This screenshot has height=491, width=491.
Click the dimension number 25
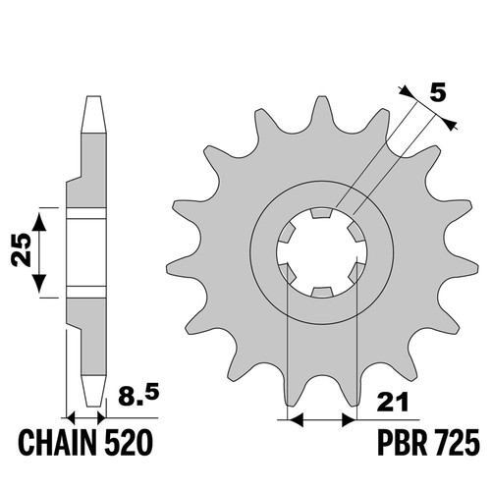[21, 249]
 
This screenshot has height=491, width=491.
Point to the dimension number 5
[437, 93]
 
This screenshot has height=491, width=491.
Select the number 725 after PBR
[457, 445]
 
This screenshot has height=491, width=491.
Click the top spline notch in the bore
[321, 213]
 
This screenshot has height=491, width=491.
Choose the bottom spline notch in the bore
[321, 292]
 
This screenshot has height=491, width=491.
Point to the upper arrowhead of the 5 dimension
[406, 91]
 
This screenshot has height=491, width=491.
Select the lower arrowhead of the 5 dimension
[451, 124]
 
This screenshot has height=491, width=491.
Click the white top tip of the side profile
[93, 115]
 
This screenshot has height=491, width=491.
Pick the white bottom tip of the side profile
[94, 391]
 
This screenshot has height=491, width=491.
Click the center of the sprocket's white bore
[321, 252]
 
